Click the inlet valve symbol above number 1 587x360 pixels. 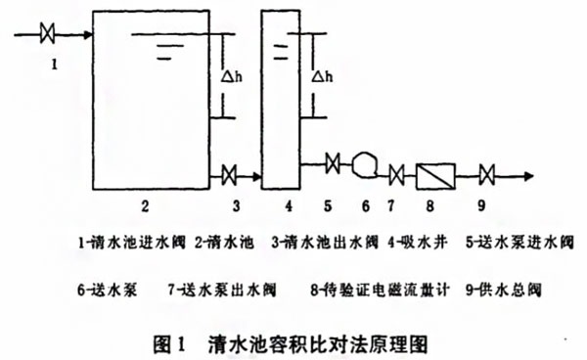point(47,36)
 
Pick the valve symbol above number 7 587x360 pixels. point(396,176)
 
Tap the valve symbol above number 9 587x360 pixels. point(486,176)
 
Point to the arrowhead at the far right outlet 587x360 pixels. point(529,176)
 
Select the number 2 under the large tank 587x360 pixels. point(144,207)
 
